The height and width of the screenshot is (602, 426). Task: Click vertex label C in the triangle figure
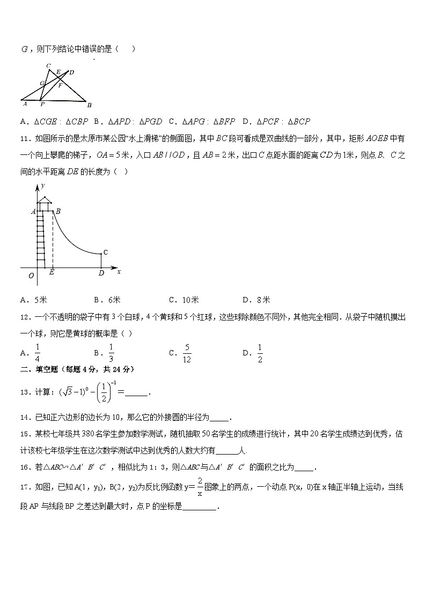[48, 66]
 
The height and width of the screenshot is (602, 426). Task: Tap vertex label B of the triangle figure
[89, 105]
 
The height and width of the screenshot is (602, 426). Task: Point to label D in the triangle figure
[71, 72]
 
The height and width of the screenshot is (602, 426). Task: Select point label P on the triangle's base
[42, 104]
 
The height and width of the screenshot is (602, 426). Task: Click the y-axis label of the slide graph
[42, 185]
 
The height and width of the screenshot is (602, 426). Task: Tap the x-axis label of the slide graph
[119, 272]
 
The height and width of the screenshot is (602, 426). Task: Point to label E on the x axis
[52, 273]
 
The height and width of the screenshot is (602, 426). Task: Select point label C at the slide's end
[106, 252]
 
